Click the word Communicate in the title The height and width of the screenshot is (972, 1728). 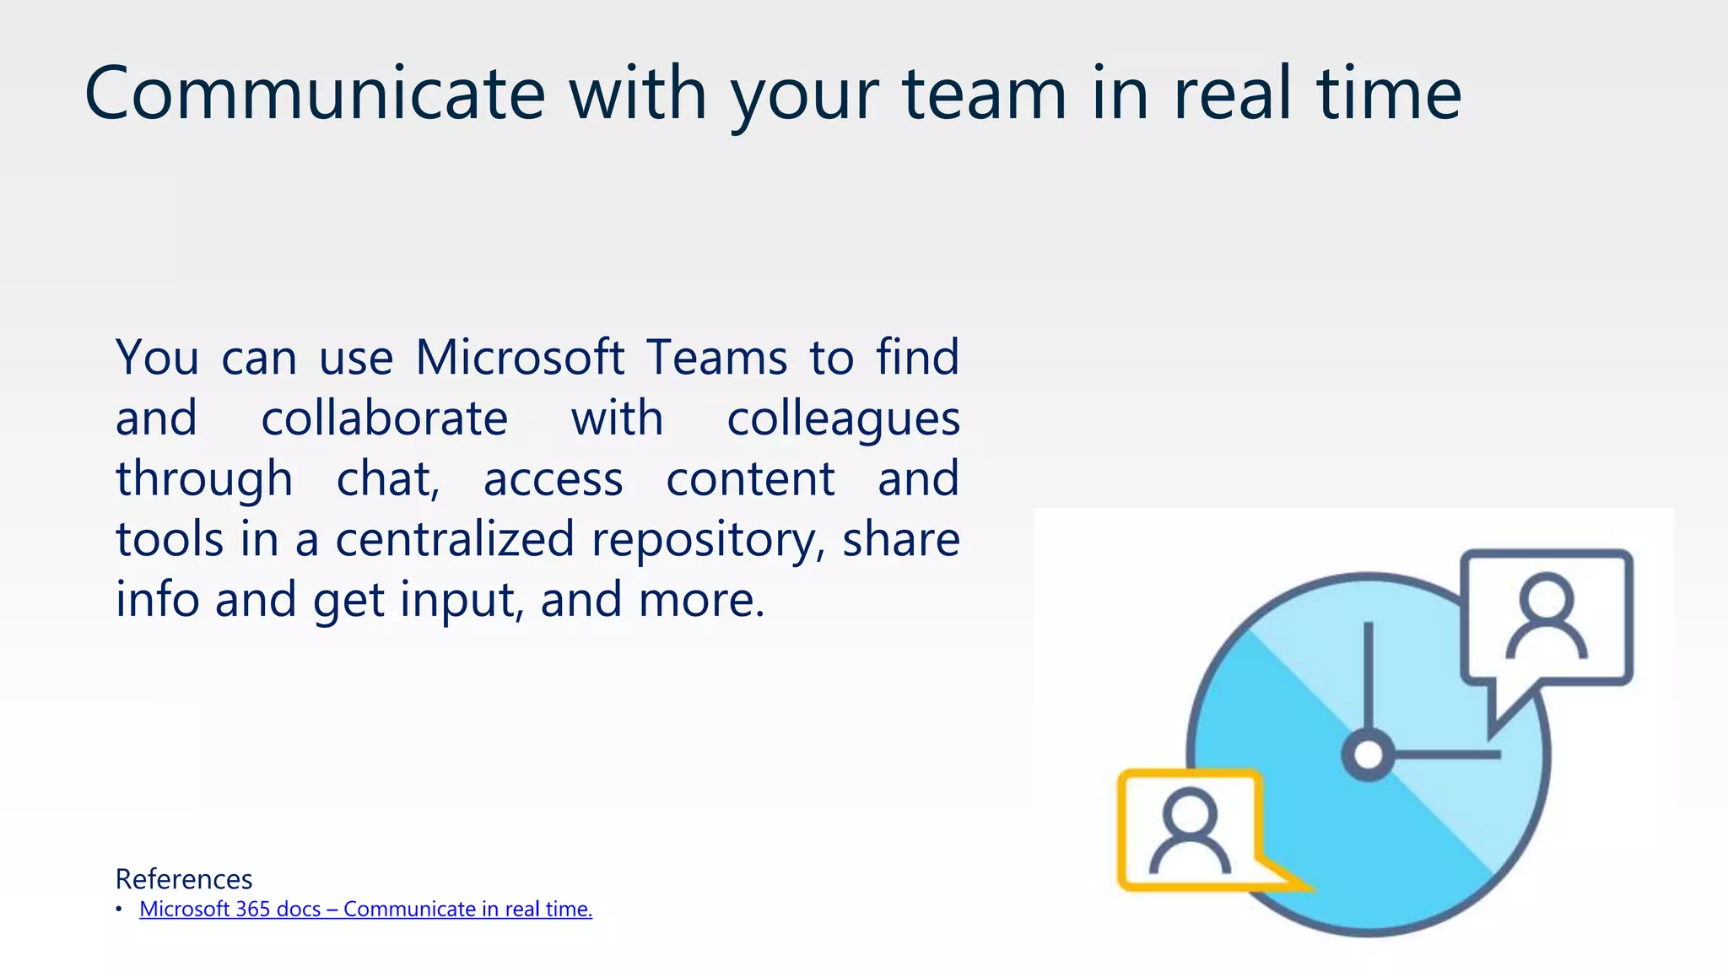[x=315, y=94]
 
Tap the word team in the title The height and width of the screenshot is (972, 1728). [x=985, y=94]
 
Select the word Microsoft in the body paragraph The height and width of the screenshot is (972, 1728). [x=520, y=357]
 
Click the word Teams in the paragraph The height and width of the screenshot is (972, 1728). [x=716, y=357]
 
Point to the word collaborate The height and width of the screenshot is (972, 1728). [x=384, y=418]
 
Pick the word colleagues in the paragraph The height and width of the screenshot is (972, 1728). [x=843, y=419]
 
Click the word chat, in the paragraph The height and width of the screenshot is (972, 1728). [x=388, y=478]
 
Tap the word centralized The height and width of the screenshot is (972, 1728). [x=455, y=539]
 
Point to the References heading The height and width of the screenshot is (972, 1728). [x=184, y=879]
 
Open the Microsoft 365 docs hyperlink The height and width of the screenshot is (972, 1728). [x=365, y=909]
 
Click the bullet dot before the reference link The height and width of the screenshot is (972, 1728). [x=120, y=909]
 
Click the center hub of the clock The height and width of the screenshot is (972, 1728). [x=1368, y=754]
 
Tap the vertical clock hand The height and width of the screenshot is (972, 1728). [x=1368, y=675]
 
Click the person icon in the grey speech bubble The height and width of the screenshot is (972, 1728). [x=1547, y=616]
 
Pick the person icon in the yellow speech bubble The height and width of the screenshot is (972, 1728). [x=1190, y=831]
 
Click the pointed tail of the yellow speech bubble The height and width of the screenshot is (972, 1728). [x=1291, y=879]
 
